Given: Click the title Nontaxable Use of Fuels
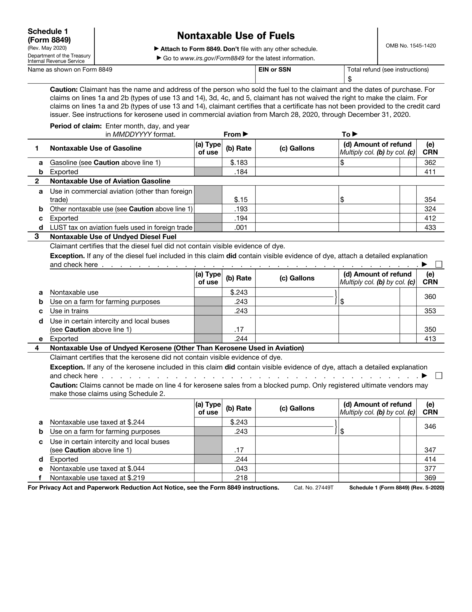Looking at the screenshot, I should point(236,36).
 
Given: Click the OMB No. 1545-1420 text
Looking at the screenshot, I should point(410,46).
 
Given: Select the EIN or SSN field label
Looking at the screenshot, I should point(274,70).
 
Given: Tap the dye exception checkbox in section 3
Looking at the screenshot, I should point(439,264).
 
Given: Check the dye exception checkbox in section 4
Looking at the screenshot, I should point(439,376).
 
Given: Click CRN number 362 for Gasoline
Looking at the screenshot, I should point(430,163).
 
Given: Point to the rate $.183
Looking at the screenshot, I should point(239,163).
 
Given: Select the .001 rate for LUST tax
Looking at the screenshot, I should point(241,228).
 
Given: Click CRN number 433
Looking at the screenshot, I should point(430,228).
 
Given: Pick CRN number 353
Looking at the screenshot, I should point(430,311).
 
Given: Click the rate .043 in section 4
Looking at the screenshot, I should point(241,469).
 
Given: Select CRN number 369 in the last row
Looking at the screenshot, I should point(430,478).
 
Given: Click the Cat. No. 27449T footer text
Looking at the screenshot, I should point(313,488).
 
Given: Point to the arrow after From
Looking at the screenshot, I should point(245,134).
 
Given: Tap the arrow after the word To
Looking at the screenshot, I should point(355,134).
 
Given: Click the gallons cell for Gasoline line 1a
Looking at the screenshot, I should point(297,163).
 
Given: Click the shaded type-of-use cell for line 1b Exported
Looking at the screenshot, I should point(208,172).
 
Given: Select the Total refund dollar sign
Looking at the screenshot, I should point(349,79).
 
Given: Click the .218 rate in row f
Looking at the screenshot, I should point(241,478).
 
